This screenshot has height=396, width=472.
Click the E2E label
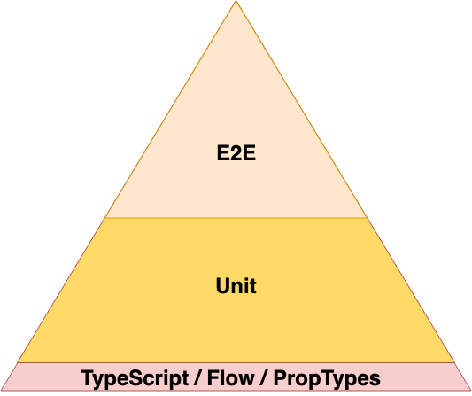click(236, 153)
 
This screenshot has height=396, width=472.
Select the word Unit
click(236, 285)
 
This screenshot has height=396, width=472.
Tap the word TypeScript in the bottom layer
click(135, 378)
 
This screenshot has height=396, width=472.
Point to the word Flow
click(230, 378)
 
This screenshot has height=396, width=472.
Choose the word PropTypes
click(327, 378)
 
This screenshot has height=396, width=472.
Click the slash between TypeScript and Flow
click(197, 378)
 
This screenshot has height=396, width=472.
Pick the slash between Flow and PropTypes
click(264, 378)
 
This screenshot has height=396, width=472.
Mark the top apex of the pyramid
click(236, 1)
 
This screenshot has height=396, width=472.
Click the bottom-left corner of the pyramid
click(2, 390)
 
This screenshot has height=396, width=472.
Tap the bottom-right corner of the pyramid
click(470, 390)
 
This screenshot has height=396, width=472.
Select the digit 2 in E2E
click(236, 153)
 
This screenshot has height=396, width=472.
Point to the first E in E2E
click(223, 153)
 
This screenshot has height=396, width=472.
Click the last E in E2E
click(249, 153)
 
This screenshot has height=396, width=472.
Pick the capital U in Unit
click(223, 285)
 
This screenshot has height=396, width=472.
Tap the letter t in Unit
click(253, 286)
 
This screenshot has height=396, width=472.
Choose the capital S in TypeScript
click(136, 378)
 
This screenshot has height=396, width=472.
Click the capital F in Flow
click(213, 378)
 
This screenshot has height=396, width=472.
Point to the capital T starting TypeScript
click(88, 378)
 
